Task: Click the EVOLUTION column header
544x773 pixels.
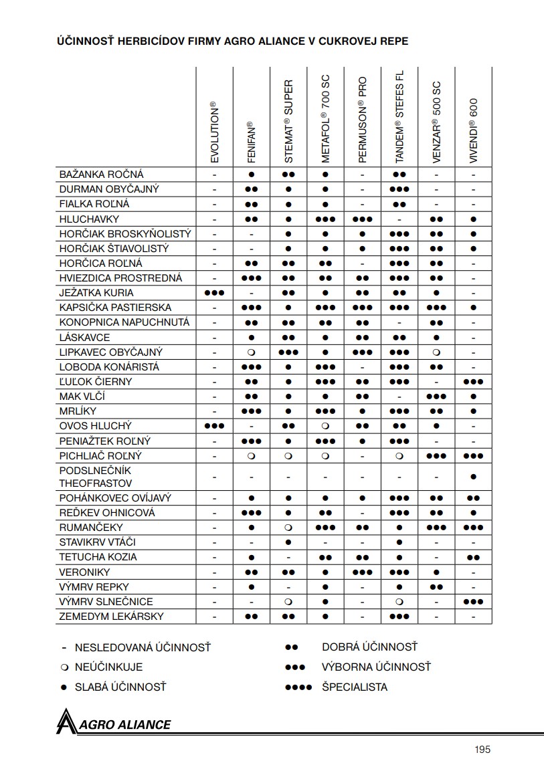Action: pyautogui.click(x=214, y=133)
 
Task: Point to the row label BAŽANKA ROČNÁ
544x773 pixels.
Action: pyautogui.click(x=101, y=175)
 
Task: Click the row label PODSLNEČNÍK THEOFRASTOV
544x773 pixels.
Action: pyautogui.click(x=96, y=476)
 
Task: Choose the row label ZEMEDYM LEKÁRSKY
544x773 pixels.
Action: pyautogui.click(x=111, y=616)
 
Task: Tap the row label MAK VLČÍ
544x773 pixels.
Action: pyautogui.click(x=82, y=397)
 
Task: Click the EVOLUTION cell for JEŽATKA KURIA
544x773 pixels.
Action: pyautogui.click(x=214, y=293)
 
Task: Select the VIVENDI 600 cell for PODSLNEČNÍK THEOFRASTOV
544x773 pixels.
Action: pyautogui.click(x=473, y=476)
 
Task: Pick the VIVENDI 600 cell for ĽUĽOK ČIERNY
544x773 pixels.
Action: pyautogui.click(x=473, y=382)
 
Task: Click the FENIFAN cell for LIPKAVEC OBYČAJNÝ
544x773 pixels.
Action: pyautogui.click(x=252, y=352)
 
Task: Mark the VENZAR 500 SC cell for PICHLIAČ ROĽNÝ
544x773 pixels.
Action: pyautogui.click(x=436, y=456)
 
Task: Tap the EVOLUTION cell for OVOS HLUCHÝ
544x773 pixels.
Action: pyautogui.click(x=214, y=426)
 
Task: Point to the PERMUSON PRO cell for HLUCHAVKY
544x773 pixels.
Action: pyautogui.click(x=362, y=219)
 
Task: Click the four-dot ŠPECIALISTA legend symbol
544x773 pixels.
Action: pyautogui.click(x=298, y=687)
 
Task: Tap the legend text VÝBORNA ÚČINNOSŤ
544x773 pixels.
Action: pyautogui.click(x=376, y=667)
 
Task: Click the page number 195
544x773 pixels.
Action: pyautogui.click(x=482, y=749)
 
